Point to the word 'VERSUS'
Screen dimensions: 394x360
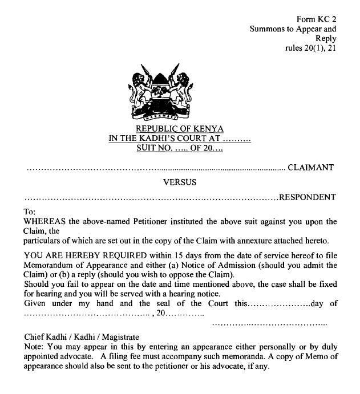(180, 183)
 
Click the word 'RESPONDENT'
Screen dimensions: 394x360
(307, 198)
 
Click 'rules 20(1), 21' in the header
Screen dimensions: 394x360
(310, 48)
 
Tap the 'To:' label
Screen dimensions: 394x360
(30, 211)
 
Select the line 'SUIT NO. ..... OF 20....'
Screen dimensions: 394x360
(179, 148)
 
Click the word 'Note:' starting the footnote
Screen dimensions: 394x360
(35, 346)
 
